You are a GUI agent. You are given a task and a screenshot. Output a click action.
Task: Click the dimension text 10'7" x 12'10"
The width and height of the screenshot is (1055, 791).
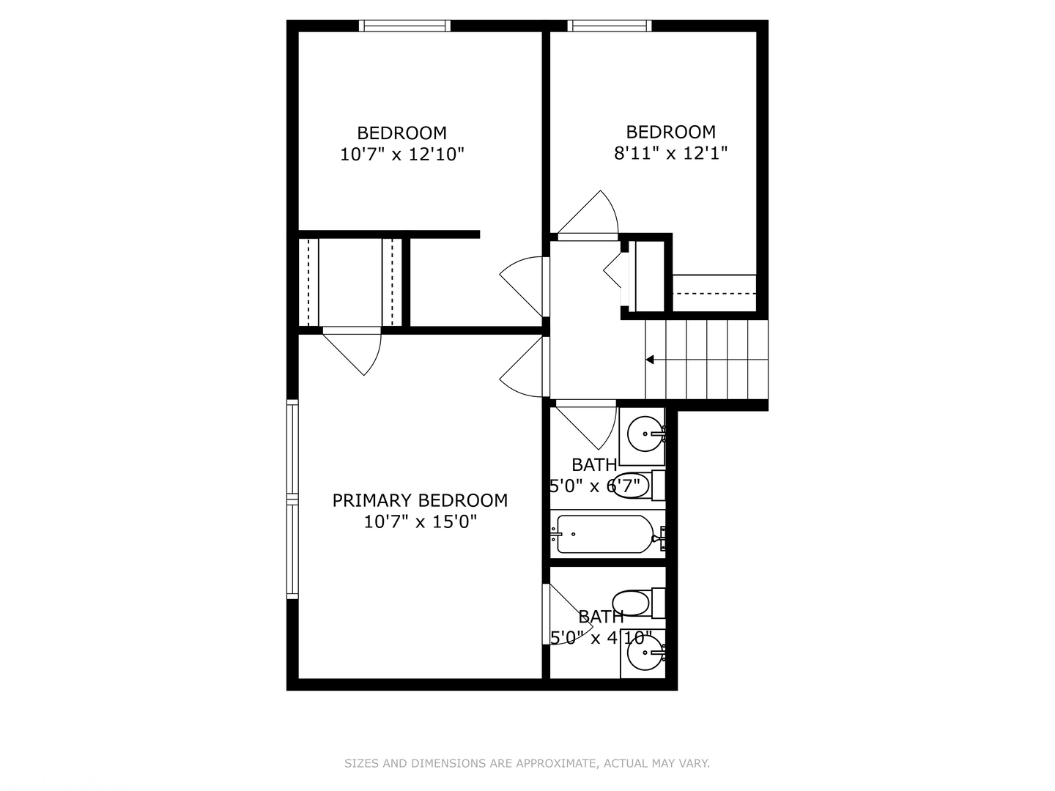[x=402, y=155]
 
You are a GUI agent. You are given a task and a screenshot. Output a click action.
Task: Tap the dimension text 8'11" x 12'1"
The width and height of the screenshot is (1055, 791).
[x=670, y=154]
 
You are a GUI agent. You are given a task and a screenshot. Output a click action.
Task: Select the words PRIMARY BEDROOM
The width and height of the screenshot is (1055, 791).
[x=420, y=500]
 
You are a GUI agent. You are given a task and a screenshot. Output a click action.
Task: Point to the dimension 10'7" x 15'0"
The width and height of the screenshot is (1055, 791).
[x=420, y=522]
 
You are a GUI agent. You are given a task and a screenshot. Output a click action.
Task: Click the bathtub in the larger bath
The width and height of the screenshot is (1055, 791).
[x=604, y=534]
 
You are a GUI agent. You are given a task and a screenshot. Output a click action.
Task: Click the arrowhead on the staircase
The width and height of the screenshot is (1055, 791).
[x=649, y=360]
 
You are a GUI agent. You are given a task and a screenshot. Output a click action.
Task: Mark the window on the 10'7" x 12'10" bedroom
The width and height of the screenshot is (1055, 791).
[x=404, y=26]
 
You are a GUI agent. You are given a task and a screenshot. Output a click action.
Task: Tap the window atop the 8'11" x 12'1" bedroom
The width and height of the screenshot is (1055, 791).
[x=610, y=26]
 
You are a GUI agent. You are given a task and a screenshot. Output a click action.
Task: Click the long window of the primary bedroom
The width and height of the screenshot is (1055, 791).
[x=292, y=500]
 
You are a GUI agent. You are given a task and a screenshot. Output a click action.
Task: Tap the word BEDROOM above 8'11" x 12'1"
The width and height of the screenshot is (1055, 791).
[x=670, y=132]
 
